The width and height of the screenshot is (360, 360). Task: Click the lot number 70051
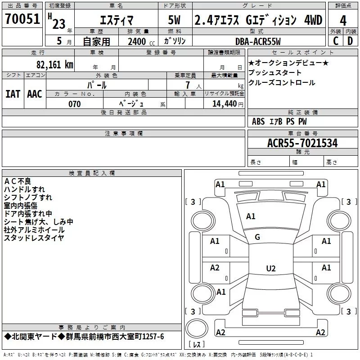22,18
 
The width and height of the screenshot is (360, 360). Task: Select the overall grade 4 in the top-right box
343,20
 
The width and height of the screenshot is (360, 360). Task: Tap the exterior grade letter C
336,41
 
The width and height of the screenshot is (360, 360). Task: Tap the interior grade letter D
350,41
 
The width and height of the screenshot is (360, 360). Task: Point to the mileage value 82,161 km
54,64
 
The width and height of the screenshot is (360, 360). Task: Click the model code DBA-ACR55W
258,41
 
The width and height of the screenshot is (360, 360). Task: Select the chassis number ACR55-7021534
302,143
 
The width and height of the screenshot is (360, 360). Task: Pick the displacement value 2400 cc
141,42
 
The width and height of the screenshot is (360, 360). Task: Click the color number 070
74,104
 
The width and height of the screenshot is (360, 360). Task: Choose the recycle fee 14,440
225,104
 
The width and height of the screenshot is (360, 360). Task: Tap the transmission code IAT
13,94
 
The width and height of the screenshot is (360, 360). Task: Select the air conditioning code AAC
35,94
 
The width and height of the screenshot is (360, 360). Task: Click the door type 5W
174,20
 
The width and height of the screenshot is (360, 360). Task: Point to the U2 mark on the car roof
271,268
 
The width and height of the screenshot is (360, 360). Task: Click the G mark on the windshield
257,237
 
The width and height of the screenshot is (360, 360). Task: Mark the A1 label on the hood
251,216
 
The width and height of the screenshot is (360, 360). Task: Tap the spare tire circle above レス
197,328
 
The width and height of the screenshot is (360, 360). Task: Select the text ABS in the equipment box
258,121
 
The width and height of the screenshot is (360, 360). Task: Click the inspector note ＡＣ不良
18,181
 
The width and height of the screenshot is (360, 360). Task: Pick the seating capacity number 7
188,85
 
